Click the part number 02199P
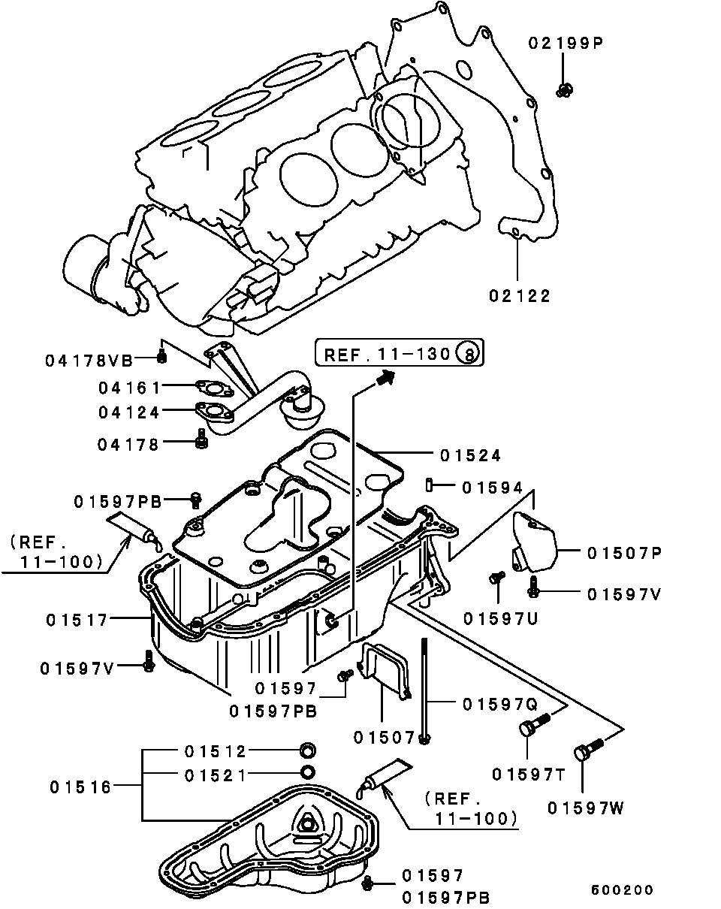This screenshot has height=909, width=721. point(566,43)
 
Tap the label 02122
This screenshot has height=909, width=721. point(520,296)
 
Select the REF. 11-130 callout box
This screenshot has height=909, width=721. point(399,352)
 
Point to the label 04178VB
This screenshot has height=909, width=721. point(89,361)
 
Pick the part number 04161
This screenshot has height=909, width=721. point(129,388)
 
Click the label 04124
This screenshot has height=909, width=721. point(129,412)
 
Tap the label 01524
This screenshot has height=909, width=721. point(471,456)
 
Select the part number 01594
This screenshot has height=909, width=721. point(493,488)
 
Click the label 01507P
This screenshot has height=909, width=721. point(624,554)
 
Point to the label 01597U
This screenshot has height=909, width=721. point(500,619)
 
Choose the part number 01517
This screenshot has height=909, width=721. point(77,621)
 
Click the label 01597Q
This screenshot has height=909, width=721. point(500,705)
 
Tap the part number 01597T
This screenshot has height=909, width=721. point(529,775)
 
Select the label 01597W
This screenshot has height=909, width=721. point(585,808)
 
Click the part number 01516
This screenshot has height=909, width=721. point(80,787)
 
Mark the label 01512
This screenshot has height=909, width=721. point(215,751)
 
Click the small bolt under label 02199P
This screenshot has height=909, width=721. point(564,90)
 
